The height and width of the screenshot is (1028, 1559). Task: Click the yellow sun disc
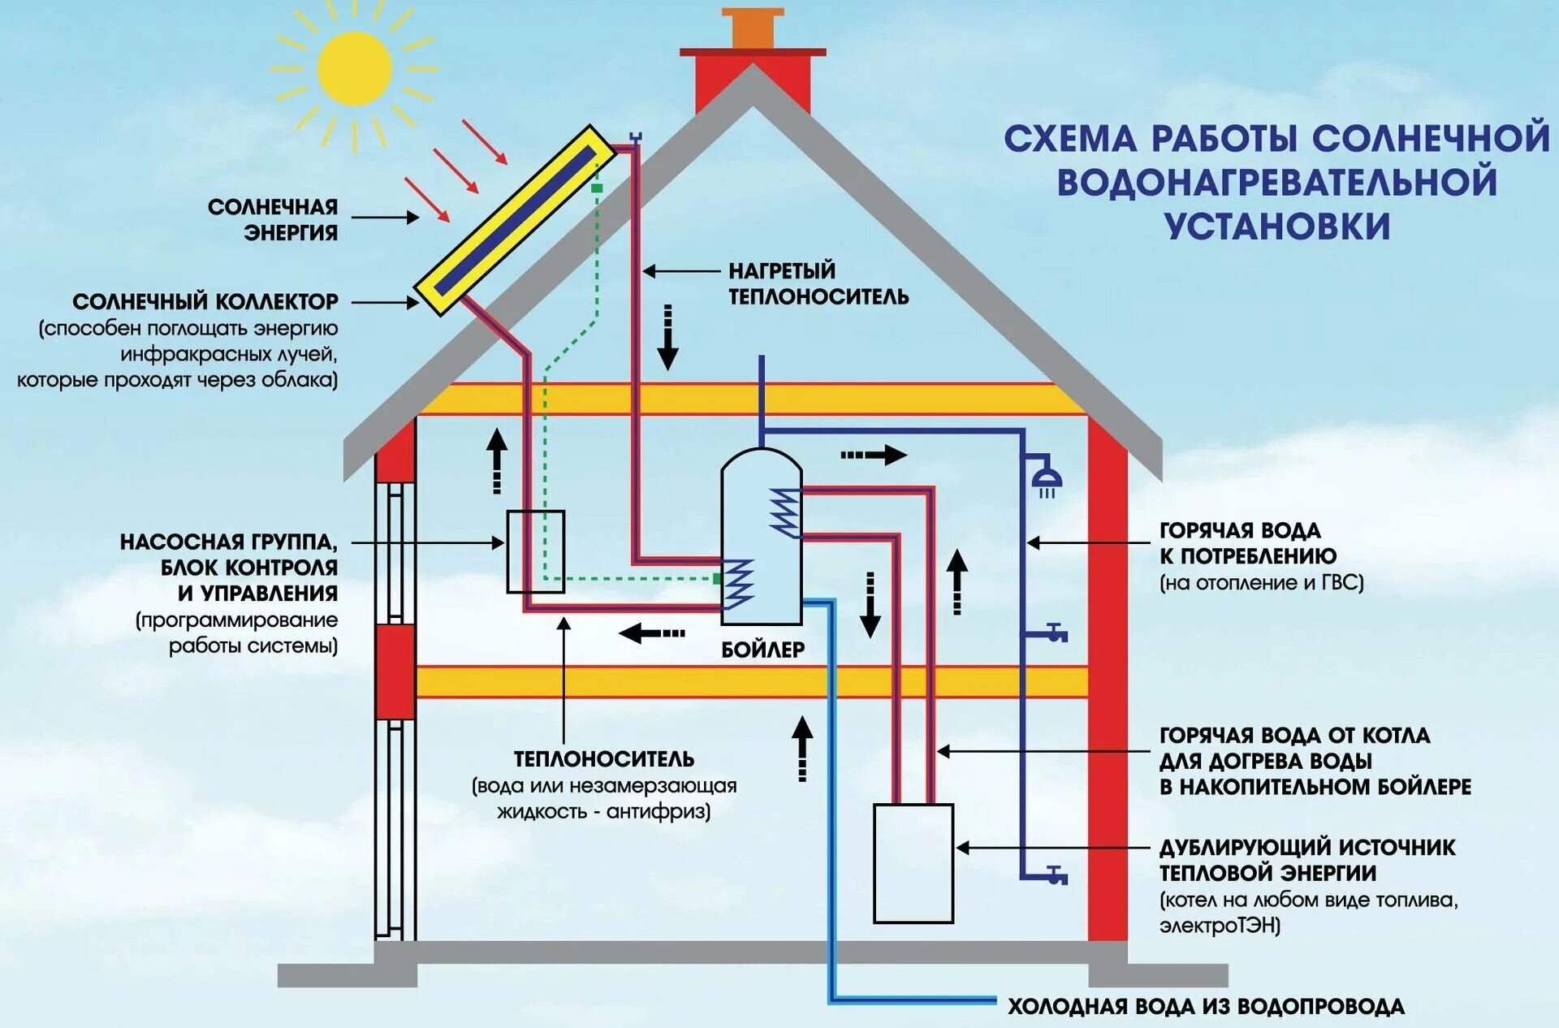click(x=355, y=68)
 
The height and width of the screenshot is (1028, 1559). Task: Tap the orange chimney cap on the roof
click(x=754, y=28)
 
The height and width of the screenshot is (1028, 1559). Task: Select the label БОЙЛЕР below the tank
click(x=762, y=650)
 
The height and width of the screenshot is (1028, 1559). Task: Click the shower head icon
click(x=1047, y=479)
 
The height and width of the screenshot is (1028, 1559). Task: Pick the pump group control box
click(x=535, y=551)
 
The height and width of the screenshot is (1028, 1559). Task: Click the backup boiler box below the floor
click(x=913, y=863)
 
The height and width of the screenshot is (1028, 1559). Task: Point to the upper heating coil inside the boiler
click(x=784, y=512)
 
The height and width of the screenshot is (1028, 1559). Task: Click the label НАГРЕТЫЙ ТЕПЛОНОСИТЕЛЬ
click(x=818, y=283)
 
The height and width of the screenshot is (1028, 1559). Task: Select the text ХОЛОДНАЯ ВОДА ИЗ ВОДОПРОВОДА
click(x=1206, y=1007)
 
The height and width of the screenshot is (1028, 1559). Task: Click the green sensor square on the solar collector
click(x=597, y=188)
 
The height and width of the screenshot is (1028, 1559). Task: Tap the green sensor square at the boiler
click(x=717, y=579)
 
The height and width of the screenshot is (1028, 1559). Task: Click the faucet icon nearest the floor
click(x=1055, y=876)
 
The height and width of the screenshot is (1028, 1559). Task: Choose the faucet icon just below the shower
click(x=1055, y=633)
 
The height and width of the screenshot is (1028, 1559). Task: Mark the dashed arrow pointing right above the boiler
click(x=873, y=455)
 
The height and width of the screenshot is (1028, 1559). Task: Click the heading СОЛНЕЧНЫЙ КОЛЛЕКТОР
click(x=205, y=302)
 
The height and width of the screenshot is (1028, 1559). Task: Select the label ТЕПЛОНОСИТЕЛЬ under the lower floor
click(x=603, y=759)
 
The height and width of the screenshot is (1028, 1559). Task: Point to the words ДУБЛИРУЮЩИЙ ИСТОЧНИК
click(x=1306, y=848)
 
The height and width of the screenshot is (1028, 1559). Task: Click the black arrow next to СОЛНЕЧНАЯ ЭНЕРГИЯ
click(x=385, y=218)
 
